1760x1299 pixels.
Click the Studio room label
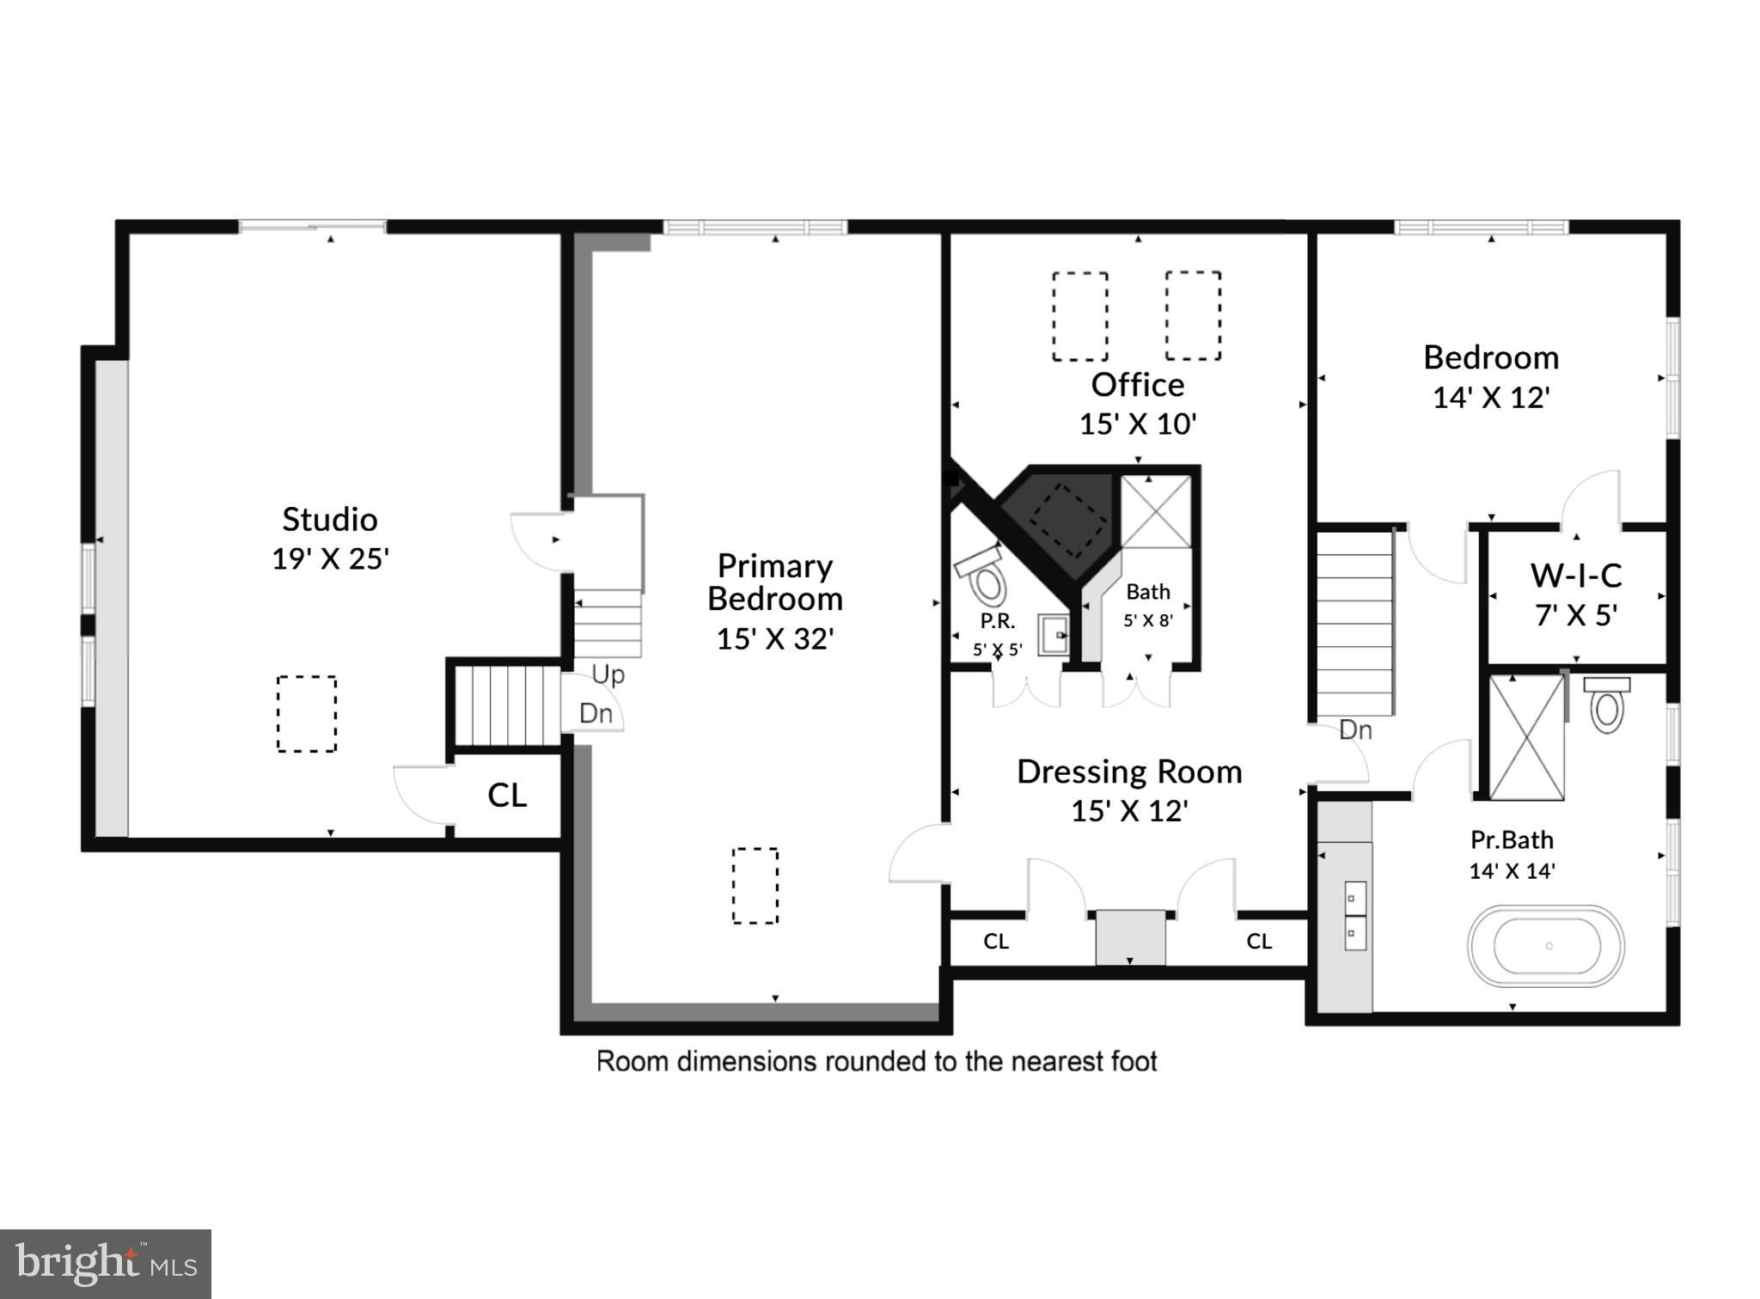pyautogui.click(x=330, y=519)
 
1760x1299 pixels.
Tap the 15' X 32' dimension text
pyautogui.click(x=775, y=638)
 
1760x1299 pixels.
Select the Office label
pyautogui.click(x=1137, y=385)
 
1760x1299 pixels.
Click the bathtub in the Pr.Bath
pyautogui.click(x=1545, y=946)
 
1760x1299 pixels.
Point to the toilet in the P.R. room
pyautogui.click(x=986, y=580)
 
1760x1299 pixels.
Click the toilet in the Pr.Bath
pyautogui.click(x=1606, y=704)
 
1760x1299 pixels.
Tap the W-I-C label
pyautogui.click(x=1576, y=575)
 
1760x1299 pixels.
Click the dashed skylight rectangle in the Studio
pyautogui.click(x=307, y=714)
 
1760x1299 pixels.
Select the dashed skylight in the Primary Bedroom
pyautogui.click(x=755, y=886)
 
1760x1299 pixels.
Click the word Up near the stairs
pyautogui.click(x=608, y=674)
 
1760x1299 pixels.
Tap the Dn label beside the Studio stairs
pyautogui.click(x=596, y=713)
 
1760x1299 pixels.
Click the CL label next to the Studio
pyautogui.click(x=507, y=796)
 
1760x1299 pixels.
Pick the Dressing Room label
pyautogui.click(x=1129, y=771)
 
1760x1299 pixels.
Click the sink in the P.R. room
pyautogui.click(x=1054, y=635)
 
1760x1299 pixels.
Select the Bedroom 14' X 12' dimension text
pyautogui.click(x=1491, y=397)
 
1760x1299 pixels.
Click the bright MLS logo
pyautogui.click(x=105, y=1264)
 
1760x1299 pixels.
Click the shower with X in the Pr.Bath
pyautogui.click(x=1526, y=737)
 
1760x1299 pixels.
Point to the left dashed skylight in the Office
pyautogui.click(x=1079, y=316)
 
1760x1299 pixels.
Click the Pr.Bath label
pyautogui.click(x=1512, y=839)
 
